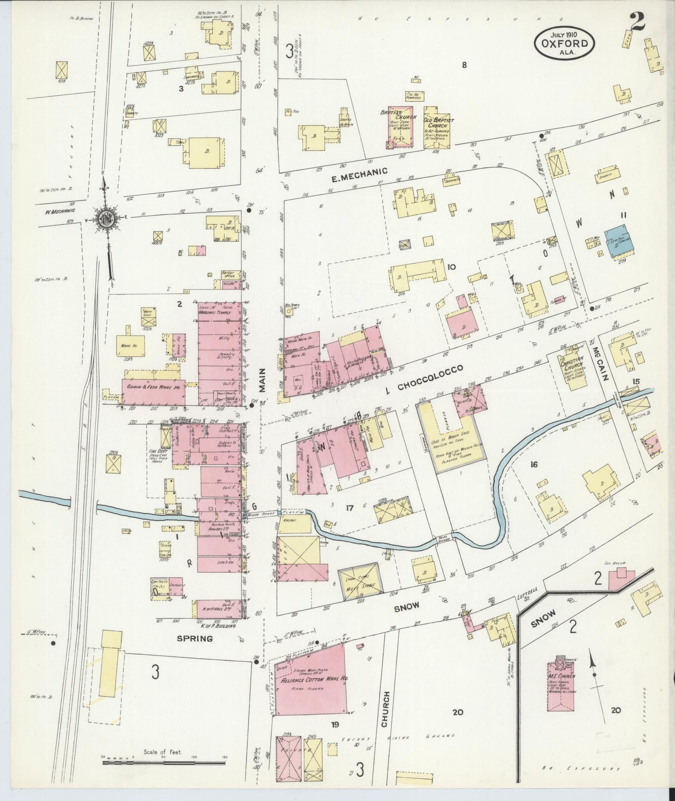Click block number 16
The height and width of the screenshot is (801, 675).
pos(533,464)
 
